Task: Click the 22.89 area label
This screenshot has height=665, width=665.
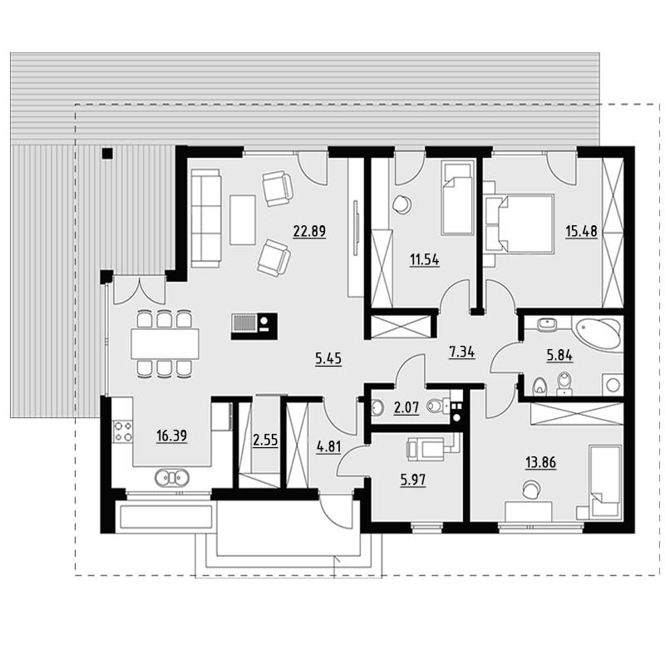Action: click(x=309, y=231)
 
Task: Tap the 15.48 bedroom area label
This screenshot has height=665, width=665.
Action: click(x=581, y=232)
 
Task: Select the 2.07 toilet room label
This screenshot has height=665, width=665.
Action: click(x=406, y=407)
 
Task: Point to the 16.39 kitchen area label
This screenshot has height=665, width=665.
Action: click(x=171, y=436)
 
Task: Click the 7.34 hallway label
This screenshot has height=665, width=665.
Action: click(x=462, y=352)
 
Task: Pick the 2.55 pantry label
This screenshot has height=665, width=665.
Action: click(x=265, y=441)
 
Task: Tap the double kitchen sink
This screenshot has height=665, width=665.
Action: click(x=172, y=477)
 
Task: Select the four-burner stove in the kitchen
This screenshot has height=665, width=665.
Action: click(x=123, y=431)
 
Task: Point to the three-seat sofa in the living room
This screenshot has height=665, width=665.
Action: click(x=206, y=219)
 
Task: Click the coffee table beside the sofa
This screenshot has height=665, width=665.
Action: click(x=243, y=219)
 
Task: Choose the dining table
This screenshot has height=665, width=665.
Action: click(x=165, y=343)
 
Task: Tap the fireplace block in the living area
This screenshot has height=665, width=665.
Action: click(x=254, y=326)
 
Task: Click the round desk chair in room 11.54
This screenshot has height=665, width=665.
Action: click(x=401, y=204)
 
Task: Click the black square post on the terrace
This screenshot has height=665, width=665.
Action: click(x=107, y=153)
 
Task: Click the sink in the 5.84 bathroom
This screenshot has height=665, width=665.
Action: click(x=547, y=325)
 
